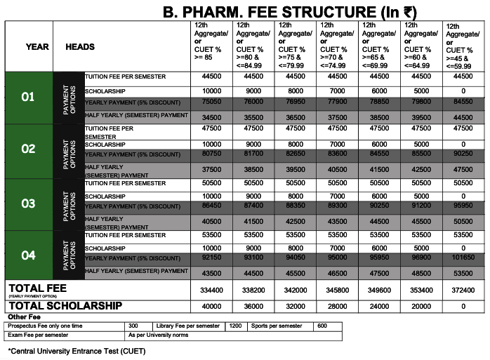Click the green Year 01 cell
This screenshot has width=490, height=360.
28,97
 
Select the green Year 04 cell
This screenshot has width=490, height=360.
28,255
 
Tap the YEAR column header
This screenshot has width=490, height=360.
37,46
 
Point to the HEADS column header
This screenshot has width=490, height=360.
80,46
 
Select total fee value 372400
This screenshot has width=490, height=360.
463,290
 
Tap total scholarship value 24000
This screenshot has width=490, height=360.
379,306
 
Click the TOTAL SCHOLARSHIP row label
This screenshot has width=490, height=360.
65,306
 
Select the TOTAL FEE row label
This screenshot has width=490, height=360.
37,288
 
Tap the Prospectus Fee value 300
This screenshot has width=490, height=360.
134,326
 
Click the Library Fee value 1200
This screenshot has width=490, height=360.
235,326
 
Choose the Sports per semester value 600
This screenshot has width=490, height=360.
322,326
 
